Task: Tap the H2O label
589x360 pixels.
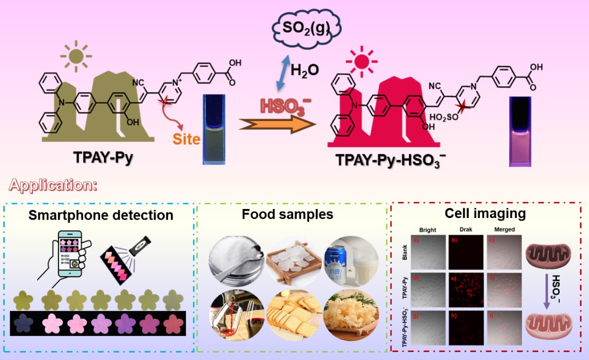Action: pyautogui.click(x=305, y=69)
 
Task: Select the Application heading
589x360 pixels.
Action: pyautogui.click(x=53, y=186)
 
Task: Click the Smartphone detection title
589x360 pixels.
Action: pyautogui.click(x=101, y=215)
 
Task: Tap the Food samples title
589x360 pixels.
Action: pyautogui.click(x=287, y=214)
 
